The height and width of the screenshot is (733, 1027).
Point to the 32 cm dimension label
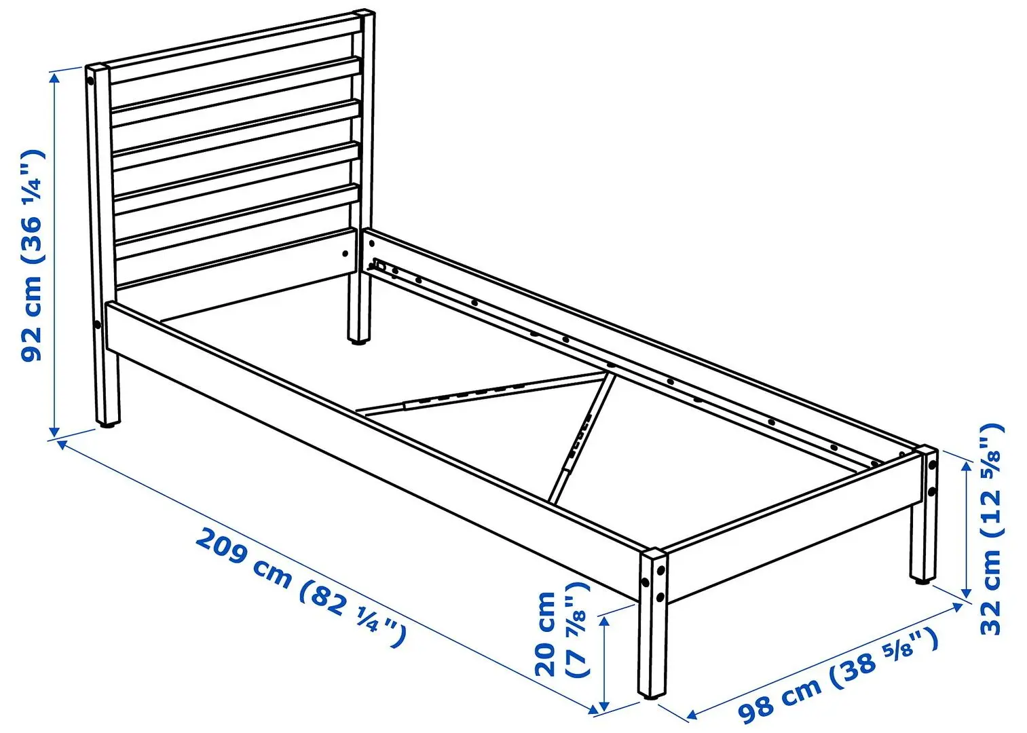pyautogui.click(x=992, y=529)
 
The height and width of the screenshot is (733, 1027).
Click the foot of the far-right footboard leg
pyautogui.click(x=921, y=579)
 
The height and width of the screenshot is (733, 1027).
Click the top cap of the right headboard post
pyautogui.click(x=364, y=13)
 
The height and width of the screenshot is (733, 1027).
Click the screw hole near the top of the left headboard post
pyautogui.click(x=91, y=82)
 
